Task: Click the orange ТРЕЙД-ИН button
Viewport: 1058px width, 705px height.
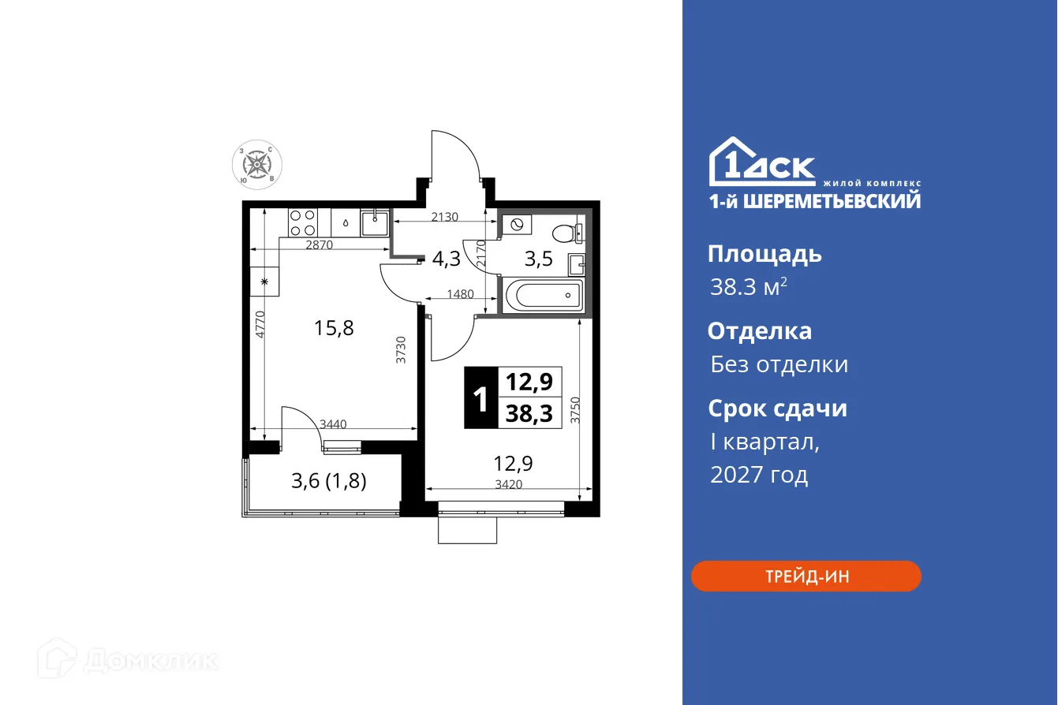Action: [x=806, y=576]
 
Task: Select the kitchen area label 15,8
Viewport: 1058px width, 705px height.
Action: [x=334, y=328]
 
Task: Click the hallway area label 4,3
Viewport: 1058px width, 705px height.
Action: [x=446, y=258]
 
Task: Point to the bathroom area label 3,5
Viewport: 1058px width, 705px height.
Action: [x=539, y=259]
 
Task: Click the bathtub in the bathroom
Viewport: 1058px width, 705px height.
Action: [x=544, y=297]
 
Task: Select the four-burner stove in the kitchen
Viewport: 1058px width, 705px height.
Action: [x=302, y=222]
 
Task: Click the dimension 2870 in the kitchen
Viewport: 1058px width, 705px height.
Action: [x=320, y=244]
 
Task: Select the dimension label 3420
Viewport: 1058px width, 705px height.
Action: [x=507, y=485]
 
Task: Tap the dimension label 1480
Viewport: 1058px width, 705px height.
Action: [x=460, y=294]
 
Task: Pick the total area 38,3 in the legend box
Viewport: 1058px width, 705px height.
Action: [x=529, y=412]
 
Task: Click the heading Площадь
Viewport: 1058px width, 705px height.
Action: [x=764, y=254]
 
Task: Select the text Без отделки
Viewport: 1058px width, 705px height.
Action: [x=779, y=364]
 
